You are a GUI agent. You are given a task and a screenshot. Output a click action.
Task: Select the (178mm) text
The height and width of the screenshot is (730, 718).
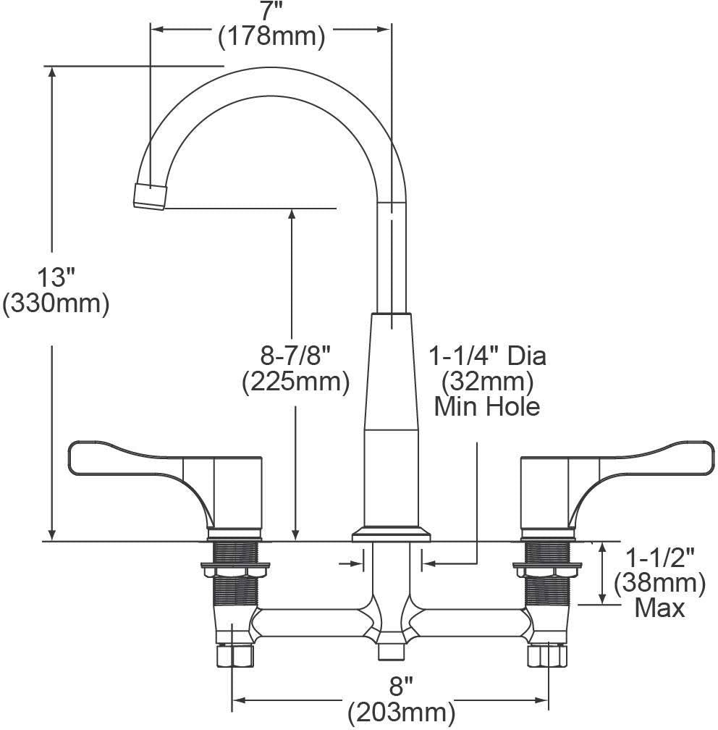(x=271, y=35)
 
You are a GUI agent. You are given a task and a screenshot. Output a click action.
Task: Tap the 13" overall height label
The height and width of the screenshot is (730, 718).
(x=56, y=277)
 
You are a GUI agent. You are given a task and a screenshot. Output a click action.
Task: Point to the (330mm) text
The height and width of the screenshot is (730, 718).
(x=56, y=303)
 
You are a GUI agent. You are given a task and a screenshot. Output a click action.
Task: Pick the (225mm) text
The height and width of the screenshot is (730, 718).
(x=295, y=381)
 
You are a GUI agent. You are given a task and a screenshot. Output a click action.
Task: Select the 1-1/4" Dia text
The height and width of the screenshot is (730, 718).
(x=487, y=356)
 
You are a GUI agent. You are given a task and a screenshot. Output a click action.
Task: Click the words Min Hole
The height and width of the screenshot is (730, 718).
(x=487, y=406)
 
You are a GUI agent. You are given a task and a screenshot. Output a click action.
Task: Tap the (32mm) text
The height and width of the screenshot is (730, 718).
(x=487, y=381)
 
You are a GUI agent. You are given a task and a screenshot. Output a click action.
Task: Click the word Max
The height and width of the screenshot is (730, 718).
(x=659, y=608)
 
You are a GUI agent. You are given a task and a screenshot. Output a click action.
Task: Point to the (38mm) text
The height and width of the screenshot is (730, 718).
(x=659, y=582)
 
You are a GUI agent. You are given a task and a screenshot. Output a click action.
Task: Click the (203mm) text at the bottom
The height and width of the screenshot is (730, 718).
(x=402, y=713)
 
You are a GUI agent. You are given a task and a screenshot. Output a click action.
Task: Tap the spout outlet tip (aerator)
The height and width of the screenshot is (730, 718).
(x=149, y=197)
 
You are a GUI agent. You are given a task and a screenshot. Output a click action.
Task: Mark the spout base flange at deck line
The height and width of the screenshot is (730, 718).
(x=391, y=536)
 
